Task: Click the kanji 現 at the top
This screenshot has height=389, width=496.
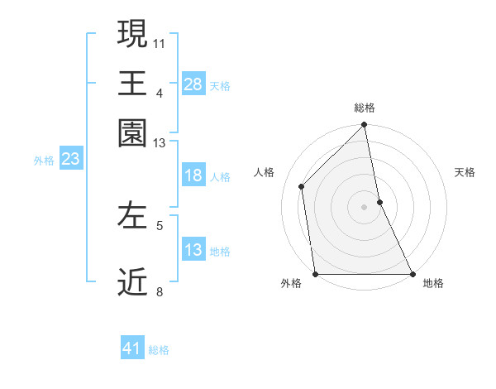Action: pyautogui.click(x=133, y=35)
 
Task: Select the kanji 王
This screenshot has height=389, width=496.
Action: pyautogui.click(x=133, y=84)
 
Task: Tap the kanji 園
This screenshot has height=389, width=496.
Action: pyautogui.click(x=133, y=132)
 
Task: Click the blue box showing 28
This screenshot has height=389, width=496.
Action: pyautogui.click(x=193, y=84)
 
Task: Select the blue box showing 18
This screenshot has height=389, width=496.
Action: pyautogui.click(x=193, y=176)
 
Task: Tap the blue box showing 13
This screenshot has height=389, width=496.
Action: pyautogui.click(x=193, y=251)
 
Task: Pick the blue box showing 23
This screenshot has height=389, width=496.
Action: pyautogui.click(x=70, y=160)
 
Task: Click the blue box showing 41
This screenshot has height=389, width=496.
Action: pyautogui.click(x=132, y=348)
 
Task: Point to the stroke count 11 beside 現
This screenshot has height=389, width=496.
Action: pyautogui.click(x=160, y=43)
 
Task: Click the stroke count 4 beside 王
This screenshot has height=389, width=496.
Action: pyautogui.click(x=160, y=93)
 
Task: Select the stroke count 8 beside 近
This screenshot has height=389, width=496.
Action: pyautogui.click(x=160, y=291)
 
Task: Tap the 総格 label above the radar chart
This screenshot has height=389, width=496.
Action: pyautogui.click(x=365, y=108)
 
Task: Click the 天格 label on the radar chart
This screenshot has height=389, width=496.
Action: pyautogui.click(x=465, y=172)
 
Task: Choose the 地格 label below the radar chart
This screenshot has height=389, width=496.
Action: pyautogui.click(x=433, y=284)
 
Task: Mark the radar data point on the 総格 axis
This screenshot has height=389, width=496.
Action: pyautogui.click(x=365, y=126)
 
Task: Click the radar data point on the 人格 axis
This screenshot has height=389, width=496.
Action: pyautogui.click(x=302, y=186)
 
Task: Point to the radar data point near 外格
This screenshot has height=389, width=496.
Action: pyautogui.click(x=315, y=274)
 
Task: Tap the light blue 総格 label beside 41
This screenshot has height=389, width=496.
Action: pyautogui.click(x=159, y=350)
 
